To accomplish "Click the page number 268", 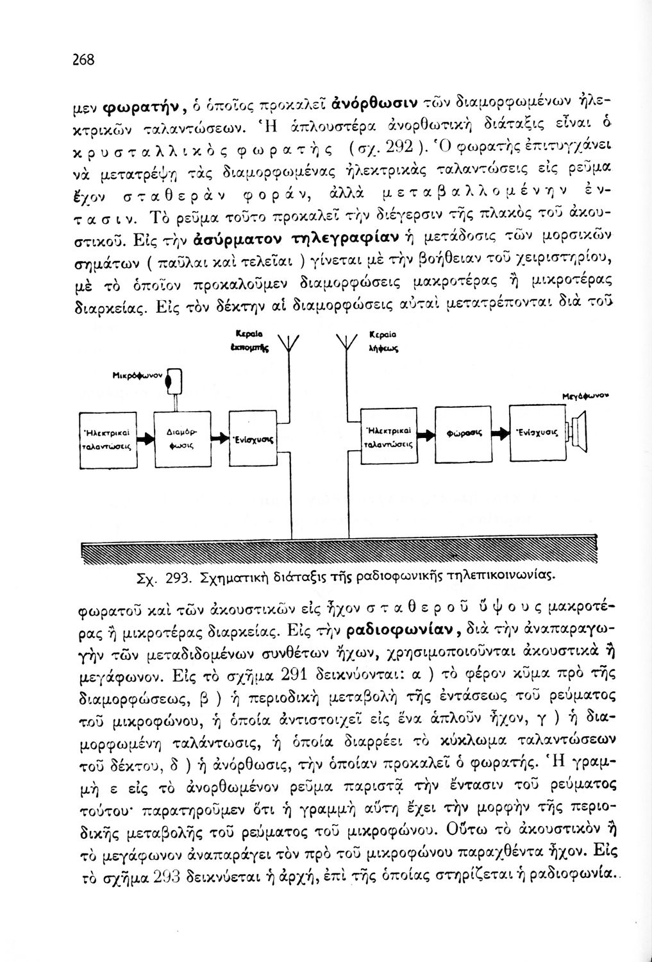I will pyautogui.click(x=83, y=60).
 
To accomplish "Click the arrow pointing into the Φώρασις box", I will pyautogui.click(x=427, y=434).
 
